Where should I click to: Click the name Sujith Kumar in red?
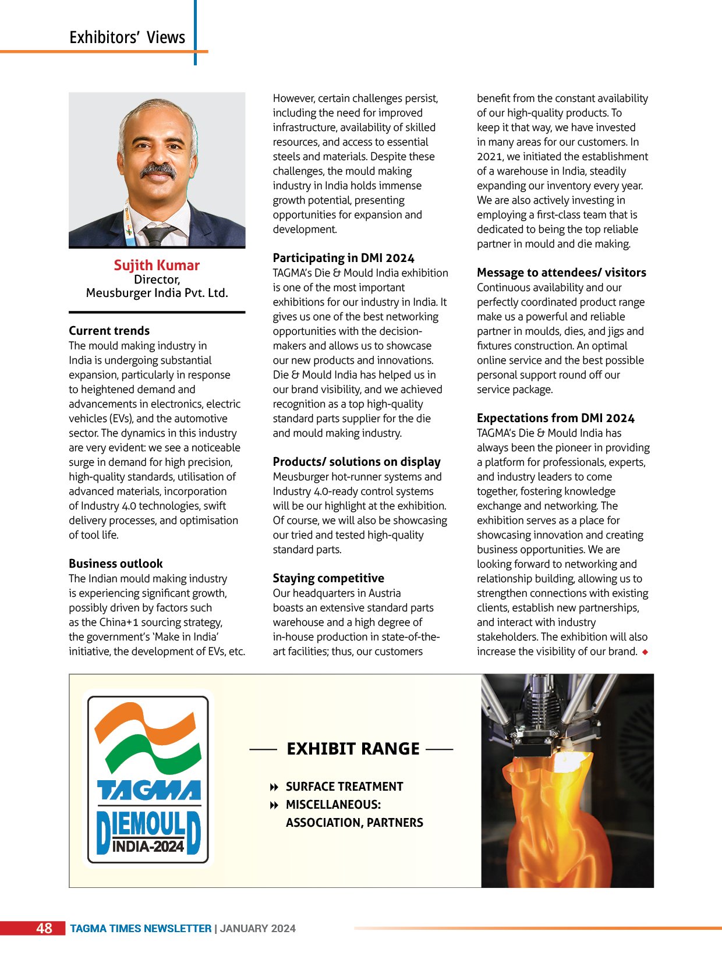coord(157,265)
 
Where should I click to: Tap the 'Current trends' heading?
coord(109,331)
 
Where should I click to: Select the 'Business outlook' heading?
coord(115,564)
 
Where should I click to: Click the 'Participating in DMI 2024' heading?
coord(344,258)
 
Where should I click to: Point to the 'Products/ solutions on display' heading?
coord(356,462)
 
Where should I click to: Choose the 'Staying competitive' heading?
coord(328,578)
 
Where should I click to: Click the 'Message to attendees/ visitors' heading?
coord(561,272)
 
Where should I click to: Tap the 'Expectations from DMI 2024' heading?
coord(555,418)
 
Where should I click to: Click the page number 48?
coord(44,928)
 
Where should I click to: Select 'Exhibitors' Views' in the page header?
coord(127,38)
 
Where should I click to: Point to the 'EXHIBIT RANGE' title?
coord(353,749)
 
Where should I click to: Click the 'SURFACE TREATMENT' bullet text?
coord(344,787)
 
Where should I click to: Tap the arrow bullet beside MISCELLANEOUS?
coord(274,805)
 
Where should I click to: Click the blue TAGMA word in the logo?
coord(149,790)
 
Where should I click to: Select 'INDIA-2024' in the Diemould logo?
coord(148,847)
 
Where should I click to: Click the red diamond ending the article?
coord(645,652)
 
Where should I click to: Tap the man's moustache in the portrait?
coord(158,171)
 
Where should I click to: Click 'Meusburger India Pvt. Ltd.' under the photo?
coord(157,293)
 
